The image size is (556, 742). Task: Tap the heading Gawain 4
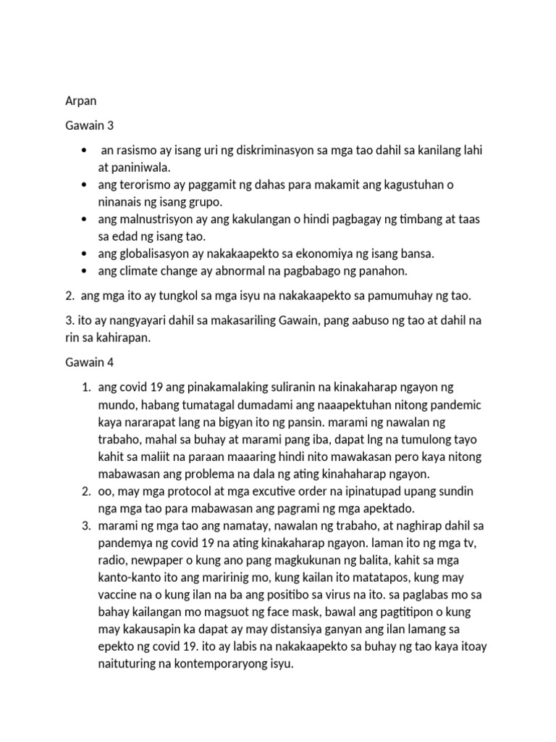pyautogui.click(x=90, y=361)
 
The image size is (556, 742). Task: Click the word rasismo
pyautogui.click(x=139, y=150)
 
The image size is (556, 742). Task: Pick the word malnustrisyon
pyautogui.click(x=161, y=219)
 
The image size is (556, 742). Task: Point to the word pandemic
pyautogui.click(x=450, y=404)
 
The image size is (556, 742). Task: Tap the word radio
pyautogui.click(x=111, y=560)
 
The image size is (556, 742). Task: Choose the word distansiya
pyautogui.click(x=266, y=647)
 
